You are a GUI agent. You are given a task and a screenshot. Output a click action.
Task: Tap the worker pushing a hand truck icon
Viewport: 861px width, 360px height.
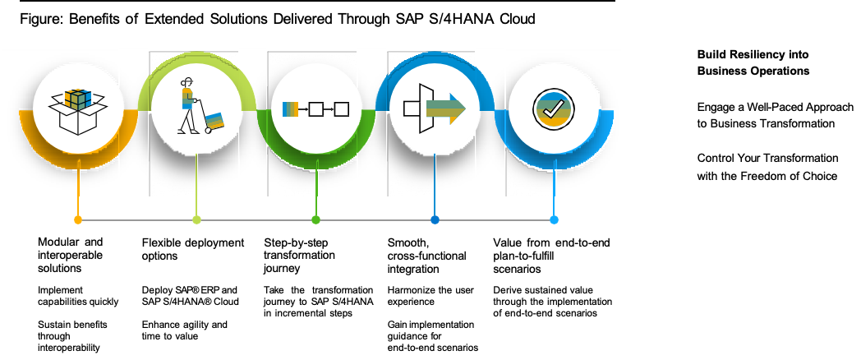click(201, 107)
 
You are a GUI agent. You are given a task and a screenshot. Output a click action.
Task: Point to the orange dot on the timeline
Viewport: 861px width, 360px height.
click(78, 219)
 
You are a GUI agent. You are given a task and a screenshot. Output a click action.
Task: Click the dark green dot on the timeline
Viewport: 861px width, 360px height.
click(315, 219)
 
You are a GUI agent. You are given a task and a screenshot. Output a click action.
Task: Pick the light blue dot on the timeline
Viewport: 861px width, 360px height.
click(554, 219)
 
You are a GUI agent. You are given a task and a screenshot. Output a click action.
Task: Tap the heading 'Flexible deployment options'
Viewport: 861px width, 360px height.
click(193, 249)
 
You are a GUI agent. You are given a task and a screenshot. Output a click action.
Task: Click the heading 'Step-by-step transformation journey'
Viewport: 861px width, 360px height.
click(299, 256)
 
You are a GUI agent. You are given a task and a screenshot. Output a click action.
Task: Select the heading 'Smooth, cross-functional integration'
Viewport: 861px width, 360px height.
click(426, 256)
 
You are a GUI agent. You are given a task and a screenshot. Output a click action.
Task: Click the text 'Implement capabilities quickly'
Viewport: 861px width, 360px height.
click(78, 296)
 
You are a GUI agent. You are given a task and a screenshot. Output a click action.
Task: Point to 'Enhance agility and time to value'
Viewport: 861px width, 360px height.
click(185, 330)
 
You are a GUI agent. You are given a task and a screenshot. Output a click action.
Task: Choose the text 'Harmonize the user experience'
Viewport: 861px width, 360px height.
click(430, 296)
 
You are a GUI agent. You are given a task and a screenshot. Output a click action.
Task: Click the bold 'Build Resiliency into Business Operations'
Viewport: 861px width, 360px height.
click(753, 62)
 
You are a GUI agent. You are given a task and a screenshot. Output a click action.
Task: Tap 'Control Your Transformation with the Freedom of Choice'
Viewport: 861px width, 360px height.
click(767, 167)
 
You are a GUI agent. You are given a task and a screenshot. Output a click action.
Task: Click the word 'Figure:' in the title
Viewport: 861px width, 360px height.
click(42, 19)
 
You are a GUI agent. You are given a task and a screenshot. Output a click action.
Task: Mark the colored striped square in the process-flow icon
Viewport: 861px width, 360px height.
click(290, 108)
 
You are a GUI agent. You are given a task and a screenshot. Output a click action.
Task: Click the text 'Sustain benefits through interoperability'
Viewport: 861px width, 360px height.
click(72, 336)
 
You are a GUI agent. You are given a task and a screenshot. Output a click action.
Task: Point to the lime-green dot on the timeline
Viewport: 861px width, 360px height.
click(196, 219)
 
